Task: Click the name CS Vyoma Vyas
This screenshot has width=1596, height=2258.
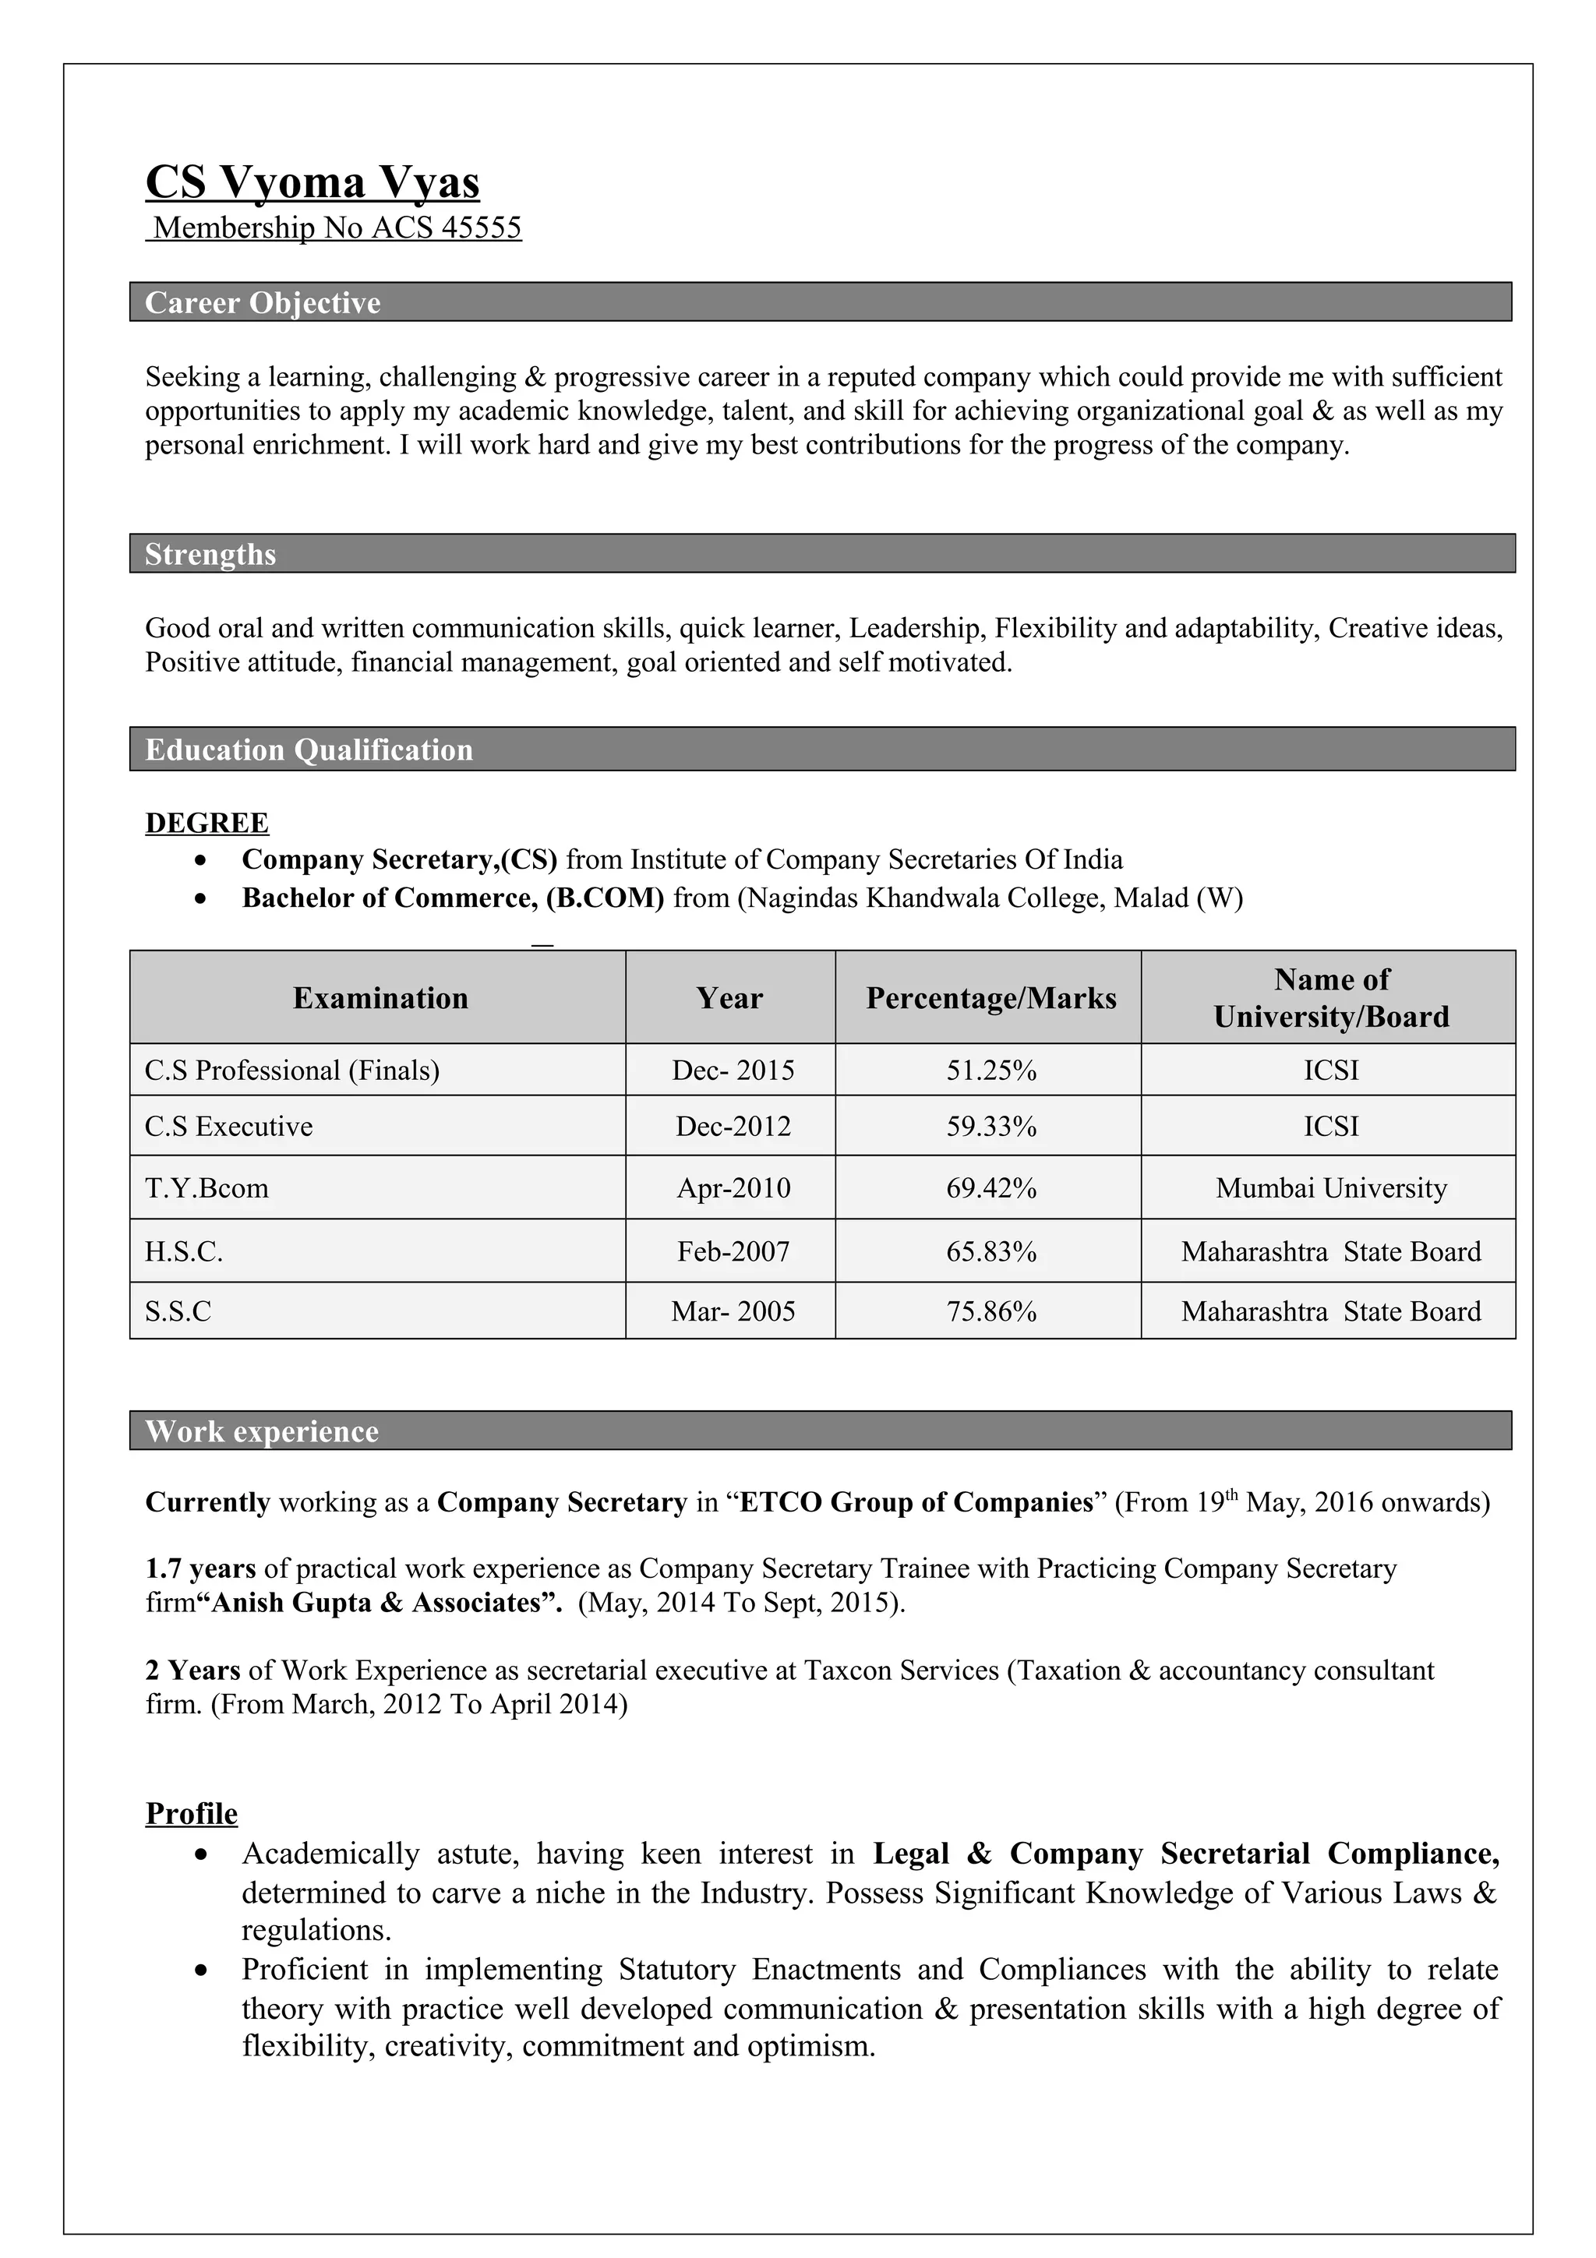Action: (x=312, y=183)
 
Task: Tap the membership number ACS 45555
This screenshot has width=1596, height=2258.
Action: (x=337, y=228)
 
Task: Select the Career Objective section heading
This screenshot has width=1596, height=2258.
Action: (x=263, y=303)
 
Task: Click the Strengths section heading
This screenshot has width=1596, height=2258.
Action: (x=210, y=555)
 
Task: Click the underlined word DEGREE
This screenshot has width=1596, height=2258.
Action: (x=207, y=823)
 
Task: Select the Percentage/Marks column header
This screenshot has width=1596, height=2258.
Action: (x=990, y=998)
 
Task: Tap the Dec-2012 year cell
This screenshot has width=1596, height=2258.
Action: (x=733, y=1126)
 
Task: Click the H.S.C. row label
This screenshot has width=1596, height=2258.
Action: (x=184, y=1252)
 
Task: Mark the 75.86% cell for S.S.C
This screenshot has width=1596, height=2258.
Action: (x=990, y=1312)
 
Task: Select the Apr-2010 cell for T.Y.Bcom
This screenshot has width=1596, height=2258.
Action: (x=733, y=1188)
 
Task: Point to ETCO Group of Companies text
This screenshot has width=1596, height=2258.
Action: (x=916, y=1503)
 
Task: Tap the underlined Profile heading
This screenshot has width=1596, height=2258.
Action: (x=192, y=1813)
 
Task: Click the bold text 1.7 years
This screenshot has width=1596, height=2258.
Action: (x=200, y=1568)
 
